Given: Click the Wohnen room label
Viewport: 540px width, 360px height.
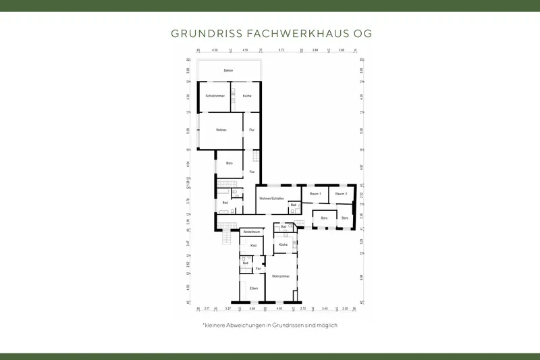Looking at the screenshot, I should (x=221, y=130).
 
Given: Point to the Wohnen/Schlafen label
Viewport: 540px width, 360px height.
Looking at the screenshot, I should (x=270, y=198).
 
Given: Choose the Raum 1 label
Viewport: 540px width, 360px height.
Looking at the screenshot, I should (x=315, y=195).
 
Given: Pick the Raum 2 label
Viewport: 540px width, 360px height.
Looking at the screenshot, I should (x=341, y=195).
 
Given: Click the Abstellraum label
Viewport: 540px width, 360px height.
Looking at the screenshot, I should (x=251, y=232).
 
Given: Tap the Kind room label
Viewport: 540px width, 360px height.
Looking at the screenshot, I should (x=253, y=245).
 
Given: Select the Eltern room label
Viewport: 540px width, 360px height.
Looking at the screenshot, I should (x=254, y=288).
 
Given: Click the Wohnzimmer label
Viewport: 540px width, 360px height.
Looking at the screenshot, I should (x=281, y=276).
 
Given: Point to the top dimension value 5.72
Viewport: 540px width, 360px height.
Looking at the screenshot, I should (x=281, y=50).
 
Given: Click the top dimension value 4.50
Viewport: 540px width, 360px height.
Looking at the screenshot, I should (x=215, y=50).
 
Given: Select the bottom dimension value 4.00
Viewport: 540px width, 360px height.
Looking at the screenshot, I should (x=279, y=309).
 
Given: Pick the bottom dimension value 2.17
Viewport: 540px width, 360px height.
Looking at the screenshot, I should (x=207, y=309).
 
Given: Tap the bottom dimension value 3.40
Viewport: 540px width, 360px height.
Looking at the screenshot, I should (x=325, y=309).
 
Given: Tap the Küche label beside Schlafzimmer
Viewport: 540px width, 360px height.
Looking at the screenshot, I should (x=247, y=96).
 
